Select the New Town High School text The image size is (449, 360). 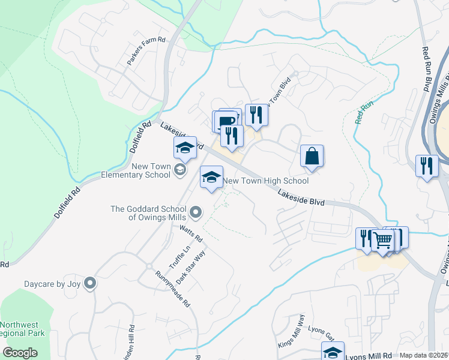pyautogui.click(x=265, y=181)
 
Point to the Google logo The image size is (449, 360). pyautogui.click(x=20, y=353)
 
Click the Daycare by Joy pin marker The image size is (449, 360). pyautogui.click(x=90, y=283)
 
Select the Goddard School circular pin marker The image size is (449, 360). pyautogui.click(x=195, y=212)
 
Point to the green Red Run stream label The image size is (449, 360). pyautogui.click(x=364, y=112)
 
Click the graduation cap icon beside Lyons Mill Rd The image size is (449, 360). pyautogui.click(x=333, y=352)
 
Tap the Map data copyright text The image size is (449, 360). pyautogui.click(x=424, y=355)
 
